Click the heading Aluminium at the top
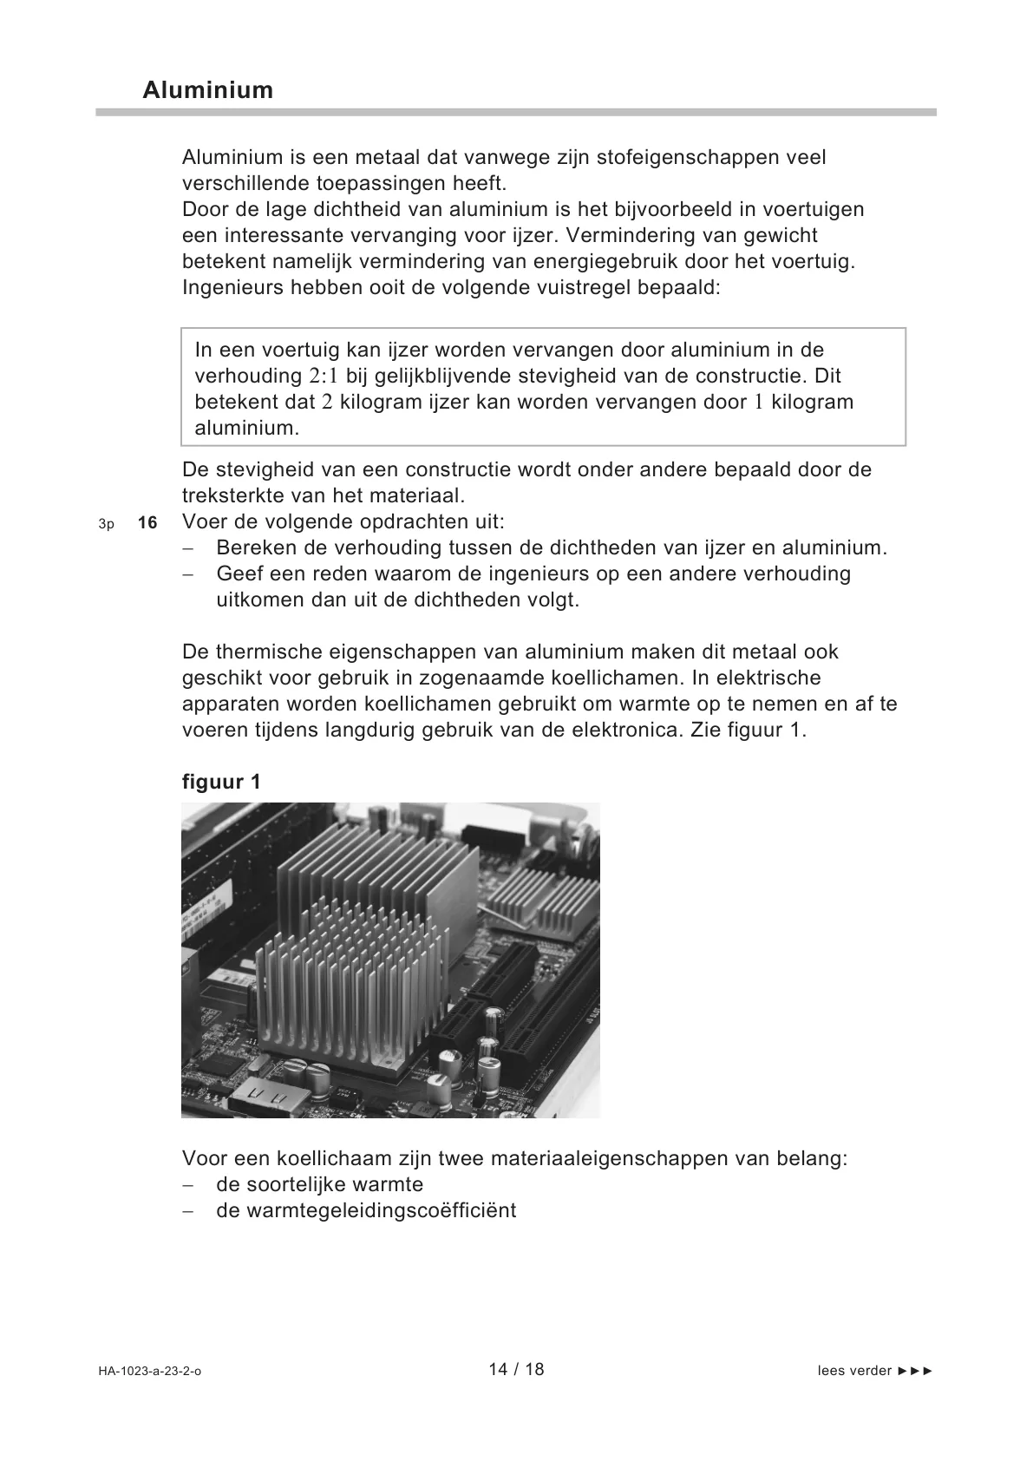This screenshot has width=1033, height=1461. (x=208, y=90)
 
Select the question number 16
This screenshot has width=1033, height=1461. (x=147, y=523)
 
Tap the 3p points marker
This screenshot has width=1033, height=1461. (x=107, y=524)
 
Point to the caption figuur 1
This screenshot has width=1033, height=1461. (x=221, y=782)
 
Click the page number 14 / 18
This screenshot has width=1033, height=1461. (x=516, y=1369)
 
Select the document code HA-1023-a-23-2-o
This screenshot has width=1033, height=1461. (x=149, y=1372)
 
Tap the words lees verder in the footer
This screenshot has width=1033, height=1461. (x=854, y=1371)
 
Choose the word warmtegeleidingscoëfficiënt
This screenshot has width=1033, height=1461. (x=366, y=1210)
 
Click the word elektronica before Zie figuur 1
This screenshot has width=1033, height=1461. (x=628, y=730)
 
